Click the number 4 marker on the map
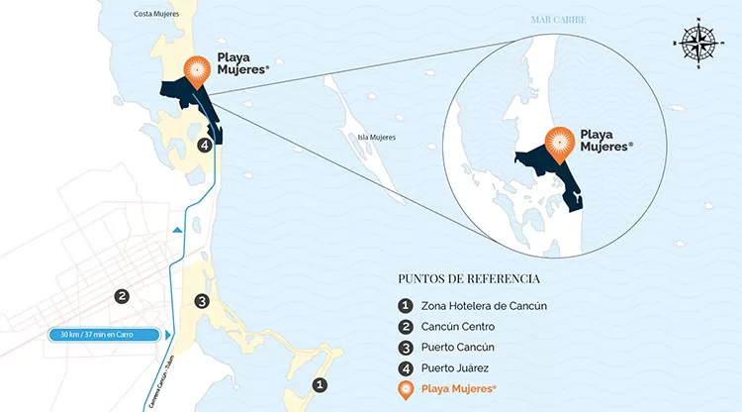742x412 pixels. (205, 146)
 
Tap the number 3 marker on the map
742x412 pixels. (201, 301)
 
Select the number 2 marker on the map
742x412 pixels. (122, 295)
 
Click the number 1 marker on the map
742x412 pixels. (319, 384)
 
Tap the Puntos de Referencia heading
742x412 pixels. (469, 278)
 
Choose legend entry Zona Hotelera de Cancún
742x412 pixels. (484, 305)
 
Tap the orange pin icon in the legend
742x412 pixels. (406, 390)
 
